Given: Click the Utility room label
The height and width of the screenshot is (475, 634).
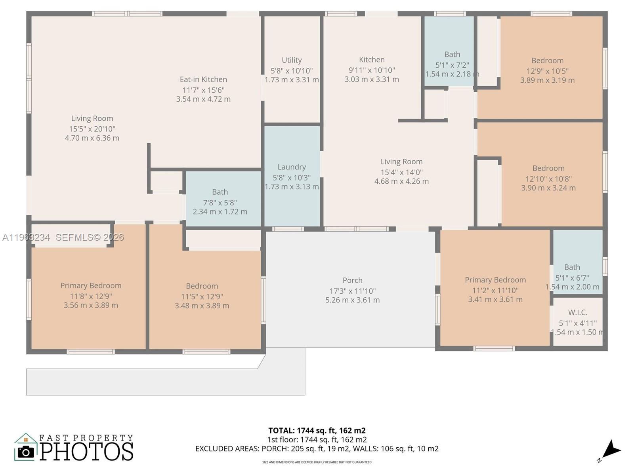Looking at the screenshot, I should point(292,60).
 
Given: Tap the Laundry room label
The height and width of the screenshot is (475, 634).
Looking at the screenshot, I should point(292,167).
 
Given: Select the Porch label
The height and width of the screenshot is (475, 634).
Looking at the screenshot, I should point(352,280).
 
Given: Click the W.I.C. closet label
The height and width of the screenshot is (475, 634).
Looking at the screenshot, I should point(577,312).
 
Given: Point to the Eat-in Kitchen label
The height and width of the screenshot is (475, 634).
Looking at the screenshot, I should point(203,80).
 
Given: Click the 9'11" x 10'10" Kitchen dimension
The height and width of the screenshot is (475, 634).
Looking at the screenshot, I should point(372,70).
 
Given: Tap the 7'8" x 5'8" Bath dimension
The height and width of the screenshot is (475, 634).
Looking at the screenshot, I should point(220,202).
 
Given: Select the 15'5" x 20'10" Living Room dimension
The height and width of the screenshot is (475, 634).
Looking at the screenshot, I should point(92,129).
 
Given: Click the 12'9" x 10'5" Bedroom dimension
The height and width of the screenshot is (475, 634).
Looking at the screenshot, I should point(547,71).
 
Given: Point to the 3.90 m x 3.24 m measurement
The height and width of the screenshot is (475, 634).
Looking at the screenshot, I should point(548,188).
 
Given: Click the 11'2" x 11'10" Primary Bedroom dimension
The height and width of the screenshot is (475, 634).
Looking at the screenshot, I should point(495,290).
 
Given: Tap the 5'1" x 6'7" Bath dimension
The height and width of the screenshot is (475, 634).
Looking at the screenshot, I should point(572,278).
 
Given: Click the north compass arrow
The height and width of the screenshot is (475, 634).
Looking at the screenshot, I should point(611,450).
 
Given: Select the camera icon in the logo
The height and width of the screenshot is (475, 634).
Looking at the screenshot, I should point(26,452).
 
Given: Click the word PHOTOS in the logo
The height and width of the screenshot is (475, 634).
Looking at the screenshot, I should point(86,452).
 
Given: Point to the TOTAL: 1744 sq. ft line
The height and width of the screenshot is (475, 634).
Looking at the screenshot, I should point(317,430).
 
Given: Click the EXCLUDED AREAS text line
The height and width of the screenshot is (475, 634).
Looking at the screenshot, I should point(317,448).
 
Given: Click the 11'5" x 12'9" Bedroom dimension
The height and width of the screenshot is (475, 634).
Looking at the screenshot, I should point(202,296).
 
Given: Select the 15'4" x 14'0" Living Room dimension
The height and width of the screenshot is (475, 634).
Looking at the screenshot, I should point(401,172).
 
